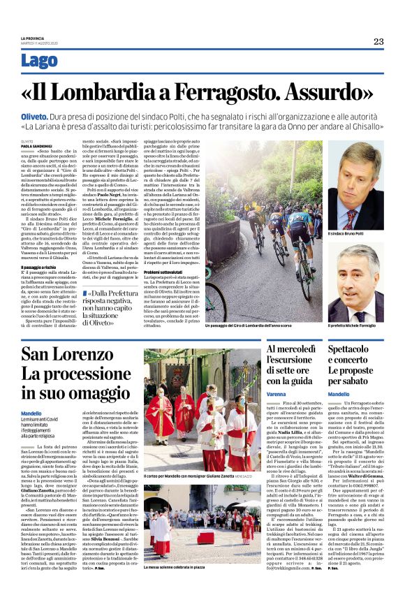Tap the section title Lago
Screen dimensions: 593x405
40,61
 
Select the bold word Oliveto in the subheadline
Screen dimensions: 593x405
34,119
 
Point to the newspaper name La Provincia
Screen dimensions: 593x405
32,38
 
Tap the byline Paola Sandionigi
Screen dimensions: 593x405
36,145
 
